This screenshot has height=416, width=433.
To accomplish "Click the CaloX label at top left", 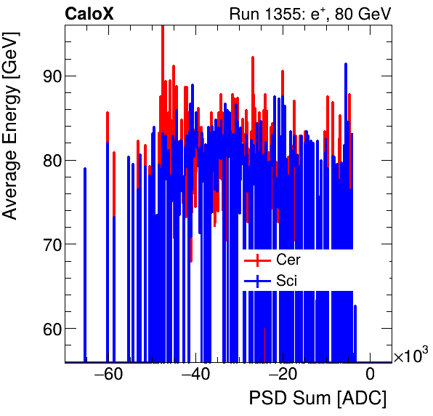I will coord(89,14).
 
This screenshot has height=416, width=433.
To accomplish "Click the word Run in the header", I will coord(243,14).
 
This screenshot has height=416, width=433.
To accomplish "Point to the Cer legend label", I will coord(288,260).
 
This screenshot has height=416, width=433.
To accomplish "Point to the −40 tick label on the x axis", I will coord(194,375).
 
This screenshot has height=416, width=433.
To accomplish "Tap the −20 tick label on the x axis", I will coord(281,375).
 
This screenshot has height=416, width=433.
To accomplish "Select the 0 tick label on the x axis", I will coord(370,375).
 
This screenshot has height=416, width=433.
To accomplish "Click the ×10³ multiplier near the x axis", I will coord(410,356).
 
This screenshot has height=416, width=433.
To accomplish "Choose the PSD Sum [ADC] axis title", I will coord(317,399).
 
